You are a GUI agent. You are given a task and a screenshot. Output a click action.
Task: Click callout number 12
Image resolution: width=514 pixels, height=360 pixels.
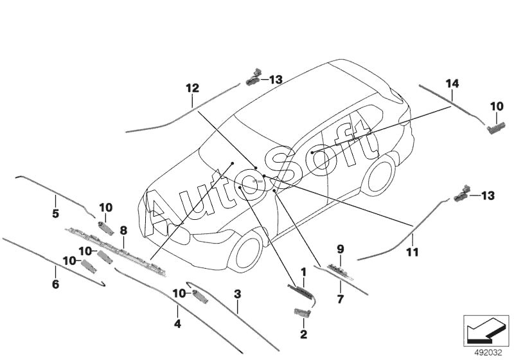[192, 87]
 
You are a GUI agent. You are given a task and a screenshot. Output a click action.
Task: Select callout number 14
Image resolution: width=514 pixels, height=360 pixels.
[452, 82]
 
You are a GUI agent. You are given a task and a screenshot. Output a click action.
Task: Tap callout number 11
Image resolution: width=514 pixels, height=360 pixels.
[412, 253]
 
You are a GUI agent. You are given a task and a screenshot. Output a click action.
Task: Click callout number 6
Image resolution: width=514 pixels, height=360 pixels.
[55, 283]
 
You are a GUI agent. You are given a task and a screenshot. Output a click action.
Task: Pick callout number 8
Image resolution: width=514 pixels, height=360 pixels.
[123, 230]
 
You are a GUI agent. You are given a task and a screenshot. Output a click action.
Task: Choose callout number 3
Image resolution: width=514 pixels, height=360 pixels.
[237, 295]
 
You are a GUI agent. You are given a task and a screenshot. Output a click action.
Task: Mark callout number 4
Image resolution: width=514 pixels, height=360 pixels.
[178, 325]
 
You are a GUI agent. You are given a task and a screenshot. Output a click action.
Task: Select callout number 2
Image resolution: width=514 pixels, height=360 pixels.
[303, 334]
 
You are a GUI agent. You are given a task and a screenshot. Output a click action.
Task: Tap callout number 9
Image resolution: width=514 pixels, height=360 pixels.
[341, 249]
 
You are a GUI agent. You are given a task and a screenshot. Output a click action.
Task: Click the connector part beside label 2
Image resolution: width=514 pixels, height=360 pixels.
[302, 313]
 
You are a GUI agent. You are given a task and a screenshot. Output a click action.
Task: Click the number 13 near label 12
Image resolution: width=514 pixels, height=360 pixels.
[275, 80]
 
